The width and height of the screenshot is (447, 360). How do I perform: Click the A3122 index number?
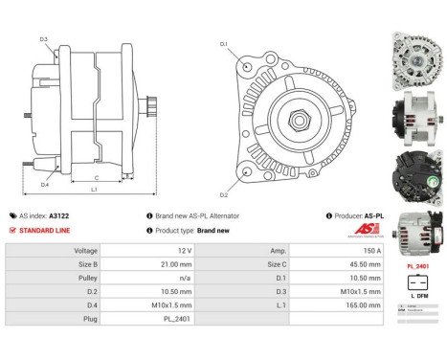tap(85, 216)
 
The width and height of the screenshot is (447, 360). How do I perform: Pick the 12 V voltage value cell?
tap(184, 249)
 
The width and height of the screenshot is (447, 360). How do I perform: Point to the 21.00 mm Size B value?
tap(184, 262)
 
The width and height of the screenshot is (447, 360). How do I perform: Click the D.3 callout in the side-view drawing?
tap(44, 39)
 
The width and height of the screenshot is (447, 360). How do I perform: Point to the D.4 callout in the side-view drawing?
tap(44, 184)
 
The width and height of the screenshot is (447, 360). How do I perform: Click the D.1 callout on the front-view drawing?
tap(223, 44)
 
